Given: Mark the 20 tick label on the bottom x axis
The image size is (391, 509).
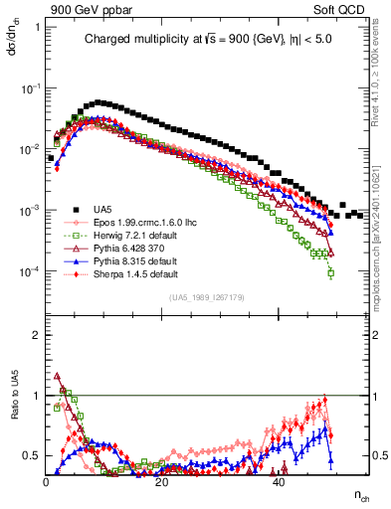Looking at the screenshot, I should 163,482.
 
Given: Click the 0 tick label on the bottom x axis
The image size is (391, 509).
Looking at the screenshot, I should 47,482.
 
